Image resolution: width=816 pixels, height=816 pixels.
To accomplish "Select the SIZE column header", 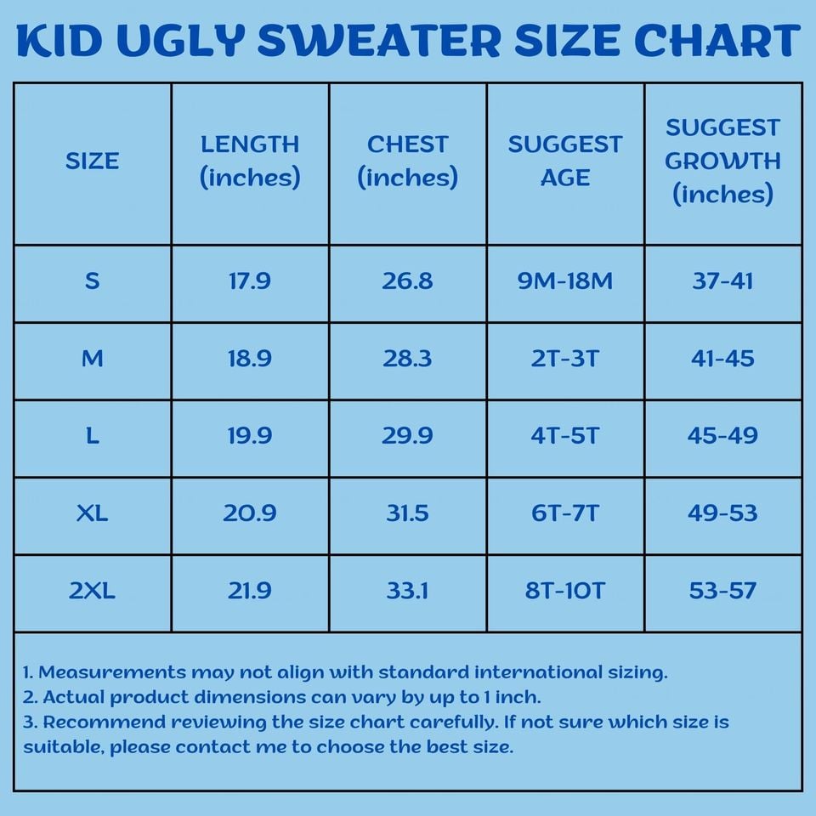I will pyautogui.click(x=92, y=161).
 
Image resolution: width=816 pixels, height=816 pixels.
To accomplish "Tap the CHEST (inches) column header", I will pyautogui.click(x=407, y=161).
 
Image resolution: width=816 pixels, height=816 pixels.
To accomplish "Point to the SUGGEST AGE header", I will pyautogui.click(x=565, y=161).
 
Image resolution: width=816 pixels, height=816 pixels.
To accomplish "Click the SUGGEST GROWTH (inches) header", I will pyautogui.click(x=722, y=161).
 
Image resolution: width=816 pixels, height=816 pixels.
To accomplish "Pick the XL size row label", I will pyautogui.click(x=92, y=513).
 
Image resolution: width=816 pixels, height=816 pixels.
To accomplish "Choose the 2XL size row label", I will pyautogui.click(x=92, y=591).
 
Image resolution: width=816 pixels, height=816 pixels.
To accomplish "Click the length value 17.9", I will pyautogui.click(x=250, y=281).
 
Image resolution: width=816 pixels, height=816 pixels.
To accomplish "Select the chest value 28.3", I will pyautogui.click(x=407, y=359).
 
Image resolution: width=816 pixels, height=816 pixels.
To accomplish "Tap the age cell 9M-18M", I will pyautogui.click(x=565, y=281).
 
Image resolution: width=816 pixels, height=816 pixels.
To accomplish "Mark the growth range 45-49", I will pyautogui.click(x=722, y=436).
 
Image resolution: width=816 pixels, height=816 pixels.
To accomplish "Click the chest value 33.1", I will pyautogui.click(x=407, y=591).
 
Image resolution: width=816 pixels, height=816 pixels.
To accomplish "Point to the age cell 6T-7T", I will pyautogui.click(x=565, y=513).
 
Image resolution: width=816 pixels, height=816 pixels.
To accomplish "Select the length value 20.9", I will pyautogui.click(x=250, y=513).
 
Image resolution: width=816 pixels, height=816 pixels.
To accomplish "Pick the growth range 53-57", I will pyautogui.click(x=722, y=591).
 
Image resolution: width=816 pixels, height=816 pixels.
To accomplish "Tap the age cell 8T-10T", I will pyautogui.click(x=565, y=591).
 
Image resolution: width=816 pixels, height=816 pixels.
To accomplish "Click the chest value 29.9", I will pyautogui.click(x=407, y=436).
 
